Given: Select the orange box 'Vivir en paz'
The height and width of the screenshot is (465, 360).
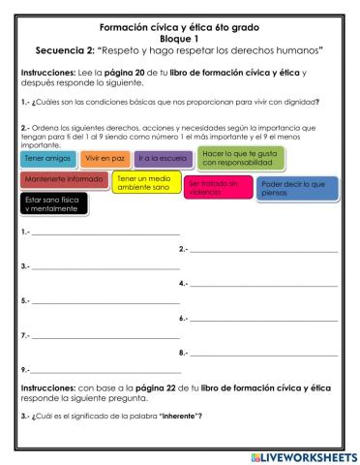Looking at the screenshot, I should tap(103, 157).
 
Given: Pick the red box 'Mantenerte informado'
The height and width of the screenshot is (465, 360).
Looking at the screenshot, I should tap(63, 179).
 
